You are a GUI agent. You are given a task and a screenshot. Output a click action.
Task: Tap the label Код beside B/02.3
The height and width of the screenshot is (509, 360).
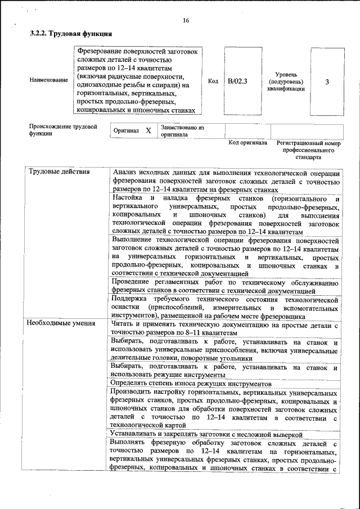[x=213, y=81]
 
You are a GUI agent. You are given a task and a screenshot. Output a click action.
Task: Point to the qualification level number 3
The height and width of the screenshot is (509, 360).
[x=327, y=82]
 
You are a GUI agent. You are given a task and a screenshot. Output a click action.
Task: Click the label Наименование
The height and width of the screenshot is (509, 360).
[x=48, y=81]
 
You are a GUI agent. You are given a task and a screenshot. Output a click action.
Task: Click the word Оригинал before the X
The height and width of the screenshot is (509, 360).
[x=126, y=130]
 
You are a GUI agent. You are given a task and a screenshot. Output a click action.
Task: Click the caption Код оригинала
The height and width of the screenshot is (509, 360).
[x=247, y=143]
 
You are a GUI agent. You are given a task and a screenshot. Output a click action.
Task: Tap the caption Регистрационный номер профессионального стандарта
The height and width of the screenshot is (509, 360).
[x=309, y=151]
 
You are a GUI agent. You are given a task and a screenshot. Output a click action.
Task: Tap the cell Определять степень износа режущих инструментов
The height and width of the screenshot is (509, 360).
[x=192, y=383]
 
